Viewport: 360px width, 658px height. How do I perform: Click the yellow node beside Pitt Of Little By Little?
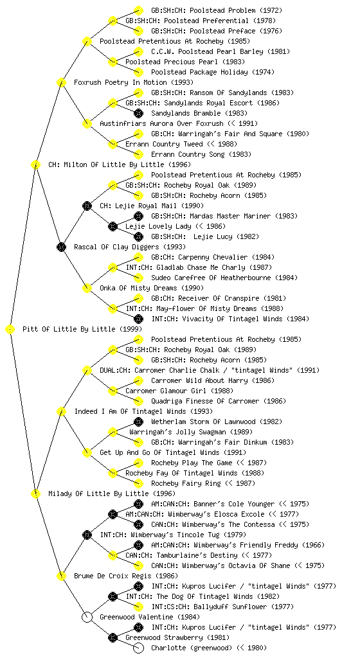pyautogui.click(x=10, y=330)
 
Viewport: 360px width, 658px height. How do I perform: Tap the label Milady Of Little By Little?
pyautogui.click(x=98, y=493)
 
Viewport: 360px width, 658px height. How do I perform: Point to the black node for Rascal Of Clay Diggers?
pyautogui.click(x=61, y=247)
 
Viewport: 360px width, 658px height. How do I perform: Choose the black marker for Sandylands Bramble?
pyautogui.click(x=138, y=113)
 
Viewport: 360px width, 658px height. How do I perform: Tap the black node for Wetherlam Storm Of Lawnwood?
pyautogui.click(x=138, y=422)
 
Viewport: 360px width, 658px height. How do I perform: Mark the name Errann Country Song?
pyautogui.click(x=188, y=154)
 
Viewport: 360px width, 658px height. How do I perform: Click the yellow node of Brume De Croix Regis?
pyautogui.click(x=61, y=576)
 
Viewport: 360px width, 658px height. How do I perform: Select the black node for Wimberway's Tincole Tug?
pyautogui.click(x=87, y=535)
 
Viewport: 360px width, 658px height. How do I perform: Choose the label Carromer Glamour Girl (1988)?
pyautogui.click(x=179, y=391)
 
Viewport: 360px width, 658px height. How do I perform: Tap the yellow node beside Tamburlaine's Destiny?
pyautogui.click(x=113, y=555)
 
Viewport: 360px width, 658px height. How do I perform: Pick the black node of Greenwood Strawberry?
pyautogui.click(x=113, y=637)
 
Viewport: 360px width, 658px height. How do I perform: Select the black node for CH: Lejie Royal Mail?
pyautogui.click(x=87, y=206)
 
